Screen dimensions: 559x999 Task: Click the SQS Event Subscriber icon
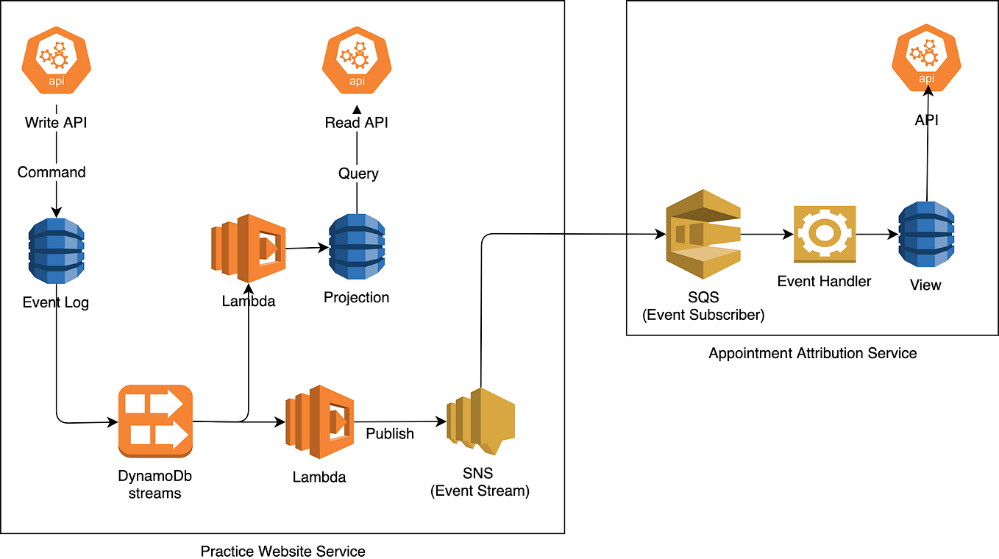coord(703,235)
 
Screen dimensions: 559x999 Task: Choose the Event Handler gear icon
coord(824,235)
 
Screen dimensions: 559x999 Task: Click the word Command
coord(51,172)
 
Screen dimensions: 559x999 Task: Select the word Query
coord(358,174)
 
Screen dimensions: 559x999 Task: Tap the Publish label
coord(390,434)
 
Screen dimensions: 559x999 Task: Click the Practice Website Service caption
coord(282,551)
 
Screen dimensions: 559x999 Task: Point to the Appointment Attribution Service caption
coord(812,353)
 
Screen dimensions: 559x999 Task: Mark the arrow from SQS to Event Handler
coord(767,235)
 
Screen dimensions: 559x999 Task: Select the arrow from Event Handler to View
coord(877,235)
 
